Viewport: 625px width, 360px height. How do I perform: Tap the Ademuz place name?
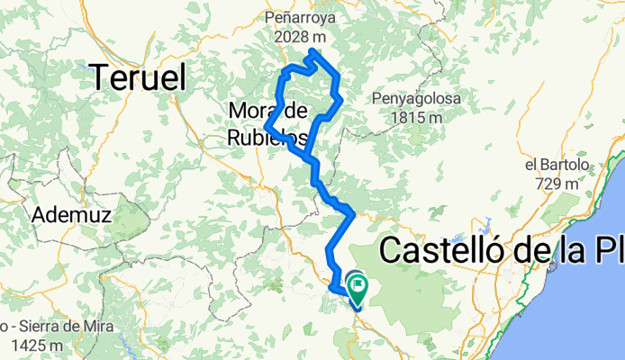[68, 215]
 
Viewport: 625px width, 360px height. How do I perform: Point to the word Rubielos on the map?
[267, 138]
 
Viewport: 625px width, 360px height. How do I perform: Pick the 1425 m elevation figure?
[32, 344]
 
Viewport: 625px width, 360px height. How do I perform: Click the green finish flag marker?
[358, 288]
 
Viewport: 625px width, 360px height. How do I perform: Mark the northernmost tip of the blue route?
[312, 51]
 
